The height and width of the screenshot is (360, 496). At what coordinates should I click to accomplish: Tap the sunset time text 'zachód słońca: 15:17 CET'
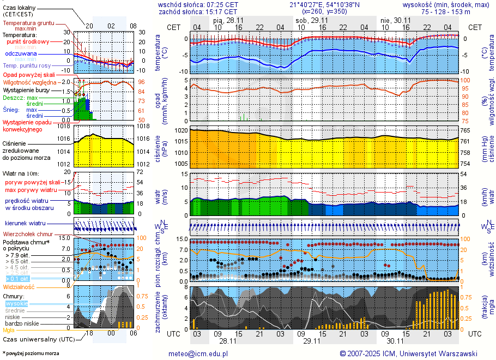tap(197, 11)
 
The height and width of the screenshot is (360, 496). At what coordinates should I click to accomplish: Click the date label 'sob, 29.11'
tap(309, 20)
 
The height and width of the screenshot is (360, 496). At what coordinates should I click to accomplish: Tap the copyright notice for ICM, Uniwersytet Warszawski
tap(409, 353)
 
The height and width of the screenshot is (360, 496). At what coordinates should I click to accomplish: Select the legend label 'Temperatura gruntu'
tap(28, 23)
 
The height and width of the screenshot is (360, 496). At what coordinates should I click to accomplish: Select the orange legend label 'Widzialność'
tap(19, 286)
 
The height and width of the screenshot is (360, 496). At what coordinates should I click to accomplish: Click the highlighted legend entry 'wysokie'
tap(16, 303)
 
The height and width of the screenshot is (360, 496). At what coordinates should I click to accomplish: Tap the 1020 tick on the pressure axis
tap(181, 131)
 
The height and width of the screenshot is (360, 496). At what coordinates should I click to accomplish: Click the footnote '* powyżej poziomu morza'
tap(31, 353)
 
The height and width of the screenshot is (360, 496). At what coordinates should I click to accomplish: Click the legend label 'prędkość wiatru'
tap(28, 201)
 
